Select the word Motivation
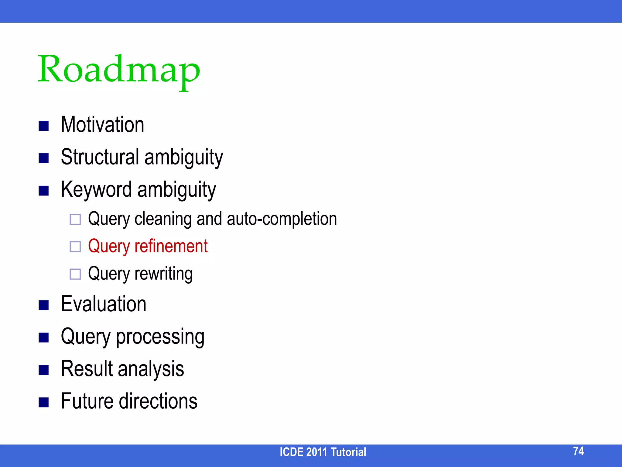pos(102,125)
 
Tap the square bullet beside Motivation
pos(44,126)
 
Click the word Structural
pos(100,157)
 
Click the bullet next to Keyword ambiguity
pos(44,191)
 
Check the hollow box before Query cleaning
pos(75,220)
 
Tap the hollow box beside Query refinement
pos(75,247)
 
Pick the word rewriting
pos(163,274)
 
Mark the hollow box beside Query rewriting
pos(75,274)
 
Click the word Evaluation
pos(104,304)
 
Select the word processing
pos(160,337)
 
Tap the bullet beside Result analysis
pos(44,370)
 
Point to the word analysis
pos(151,369)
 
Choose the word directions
pos(158,401)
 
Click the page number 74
pos(578,451)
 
